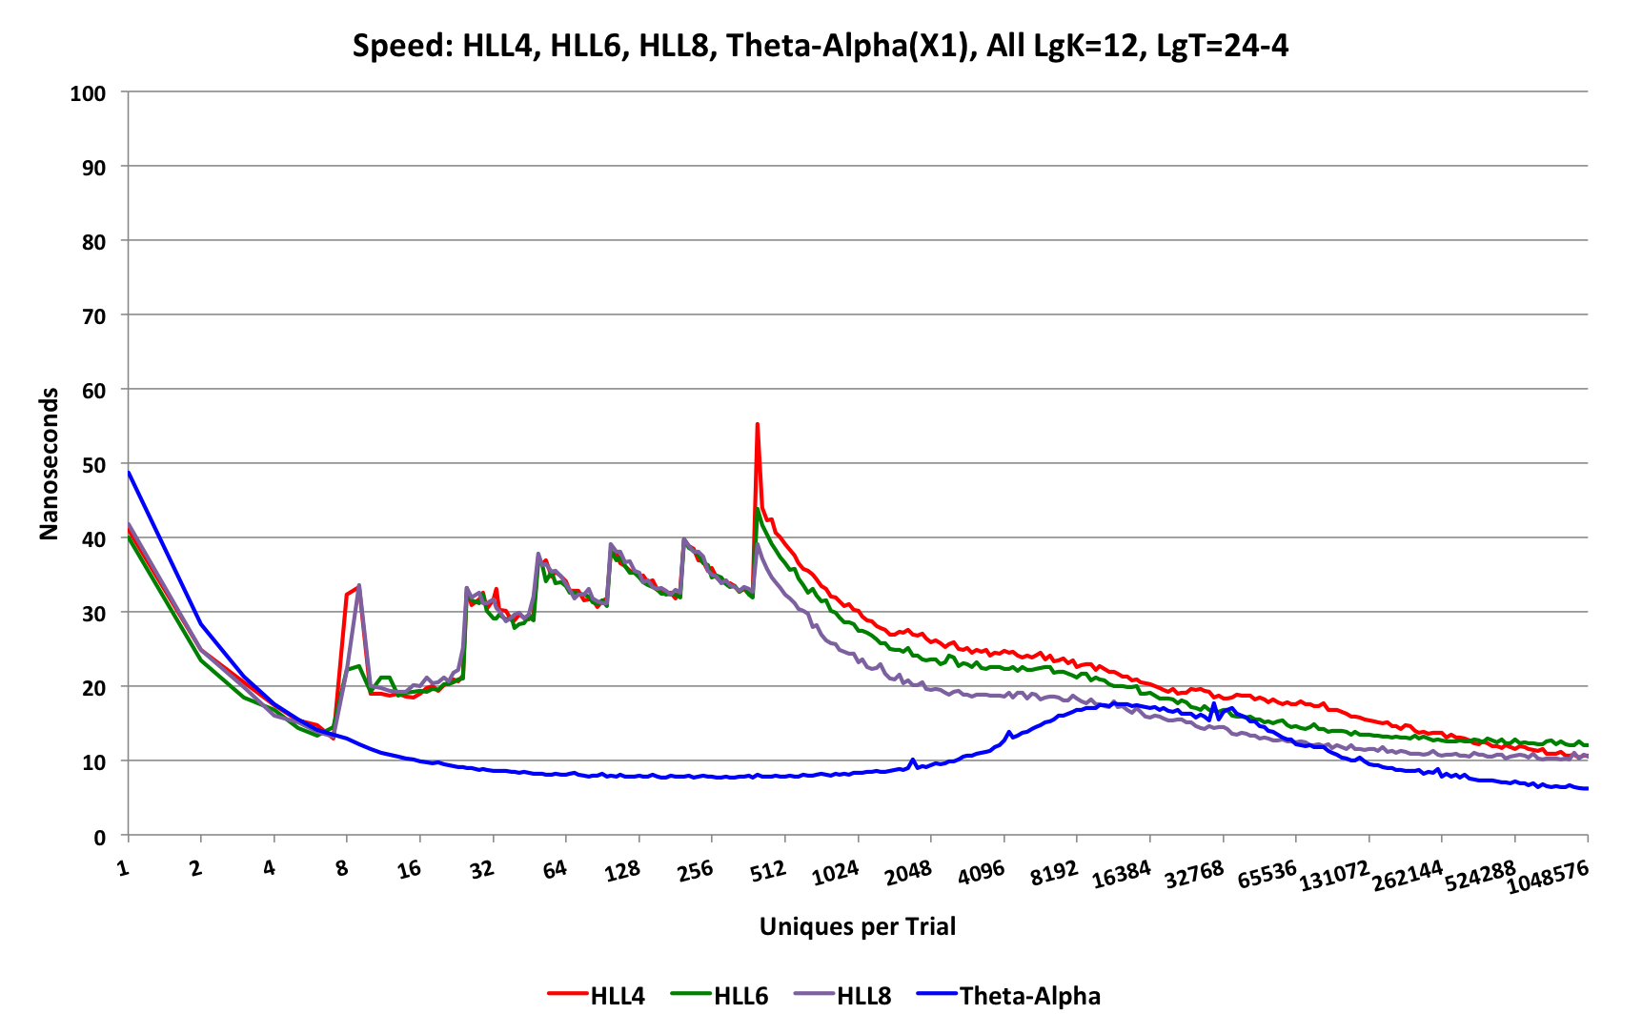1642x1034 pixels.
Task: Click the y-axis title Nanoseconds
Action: tap(49, 464)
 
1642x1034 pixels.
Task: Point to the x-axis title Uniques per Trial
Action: tap(857, 926)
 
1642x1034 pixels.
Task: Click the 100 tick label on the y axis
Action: tap(88, 93)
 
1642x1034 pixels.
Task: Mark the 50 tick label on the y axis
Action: tap(93, 465)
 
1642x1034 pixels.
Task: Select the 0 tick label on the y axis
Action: tap(99, 838)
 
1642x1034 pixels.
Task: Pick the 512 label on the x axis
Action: tap(767, 870)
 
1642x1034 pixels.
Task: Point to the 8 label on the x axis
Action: tap(341, 868)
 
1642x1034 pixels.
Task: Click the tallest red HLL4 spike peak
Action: tap(757, 424)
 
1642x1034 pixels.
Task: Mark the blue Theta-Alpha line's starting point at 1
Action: tap(129, 472)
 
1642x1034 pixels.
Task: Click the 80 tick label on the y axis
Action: tap(93, 242)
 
